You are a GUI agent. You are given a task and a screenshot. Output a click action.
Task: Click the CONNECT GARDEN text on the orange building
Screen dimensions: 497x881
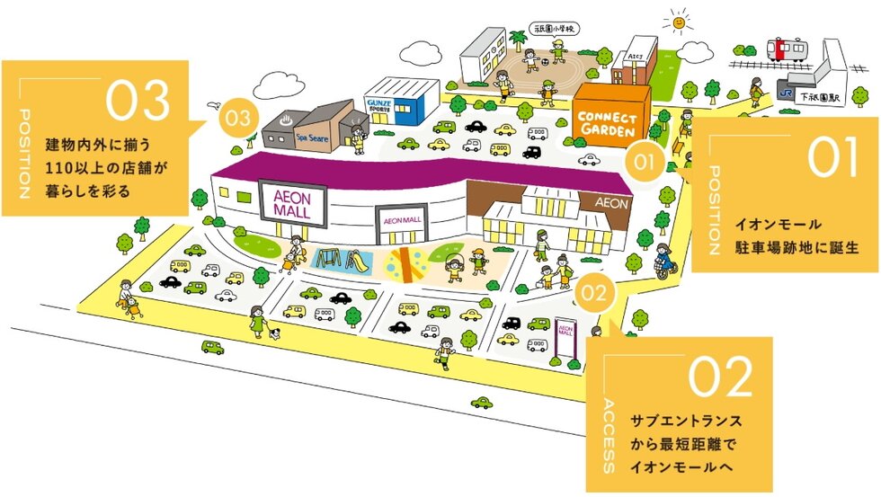[x=608, y=123]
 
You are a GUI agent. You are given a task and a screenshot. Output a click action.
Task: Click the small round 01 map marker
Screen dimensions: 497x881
[x=644, y=163]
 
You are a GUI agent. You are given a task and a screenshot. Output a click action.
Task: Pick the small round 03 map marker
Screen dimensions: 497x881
[x=237, y=118]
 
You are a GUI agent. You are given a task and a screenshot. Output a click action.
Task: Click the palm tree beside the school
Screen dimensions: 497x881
[x=518, y=40]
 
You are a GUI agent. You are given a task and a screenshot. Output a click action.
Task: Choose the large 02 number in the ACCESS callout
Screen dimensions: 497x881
[x=722, y=377]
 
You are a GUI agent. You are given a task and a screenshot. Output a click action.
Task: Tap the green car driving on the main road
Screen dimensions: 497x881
[x=213, y=347]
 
